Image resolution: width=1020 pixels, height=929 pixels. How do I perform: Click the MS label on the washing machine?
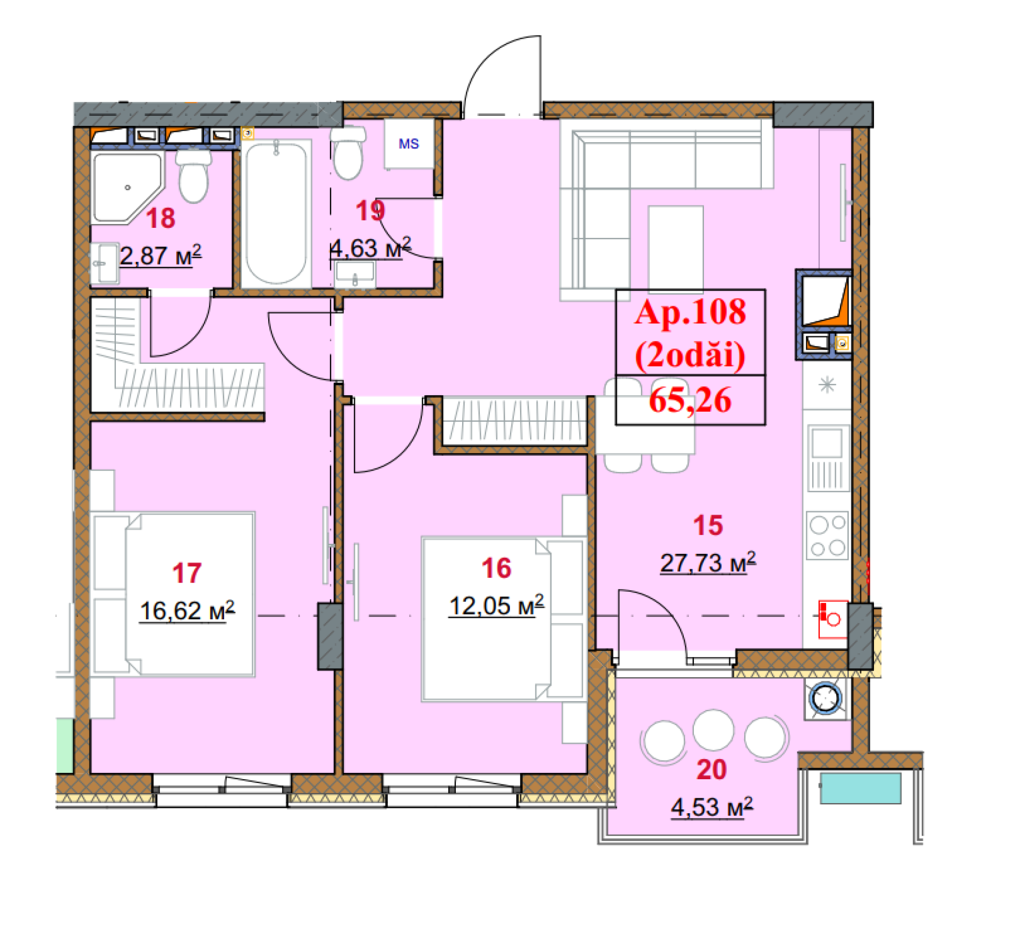(409, 143)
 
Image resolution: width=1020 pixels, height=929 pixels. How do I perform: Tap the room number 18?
(160, 218)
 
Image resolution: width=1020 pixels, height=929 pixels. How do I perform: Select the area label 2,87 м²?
(160, 255)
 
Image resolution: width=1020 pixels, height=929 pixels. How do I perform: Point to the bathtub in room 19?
(276, 214)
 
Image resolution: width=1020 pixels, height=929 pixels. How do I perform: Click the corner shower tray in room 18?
(127, 187)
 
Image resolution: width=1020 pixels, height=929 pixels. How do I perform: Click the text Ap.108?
(690, 312)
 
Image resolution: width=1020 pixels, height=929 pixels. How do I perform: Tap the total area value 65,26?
(690, 400)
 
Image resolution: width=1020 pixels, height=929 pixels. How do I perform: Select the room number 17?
(187, 573)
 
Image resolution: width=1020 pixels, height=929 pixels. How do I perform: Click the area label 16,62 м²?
(187, 611)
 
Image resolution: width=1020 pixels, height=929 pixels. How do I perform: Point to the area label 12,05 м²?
(497, 606)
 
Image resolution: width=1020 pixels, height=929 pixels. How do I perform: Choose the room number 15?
(708, 525)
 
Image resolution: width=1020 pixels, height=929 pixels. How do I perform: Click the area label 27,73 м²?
(708, 562)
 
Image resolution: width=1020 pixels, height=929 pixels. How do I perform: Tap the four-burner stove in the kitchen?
(827, 535)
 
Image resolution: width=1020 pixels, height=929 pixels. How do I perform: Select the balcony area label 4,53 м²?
(712, 807)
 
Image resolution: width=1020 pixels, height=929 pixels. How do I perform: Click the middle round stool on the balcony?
(713, 730)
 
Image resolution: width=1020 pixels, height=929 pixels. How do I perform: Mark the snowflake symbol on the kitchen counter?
(827, 385)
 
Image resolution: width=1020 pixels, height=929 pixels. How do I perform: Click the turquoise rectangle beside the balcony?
(861, 788)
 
